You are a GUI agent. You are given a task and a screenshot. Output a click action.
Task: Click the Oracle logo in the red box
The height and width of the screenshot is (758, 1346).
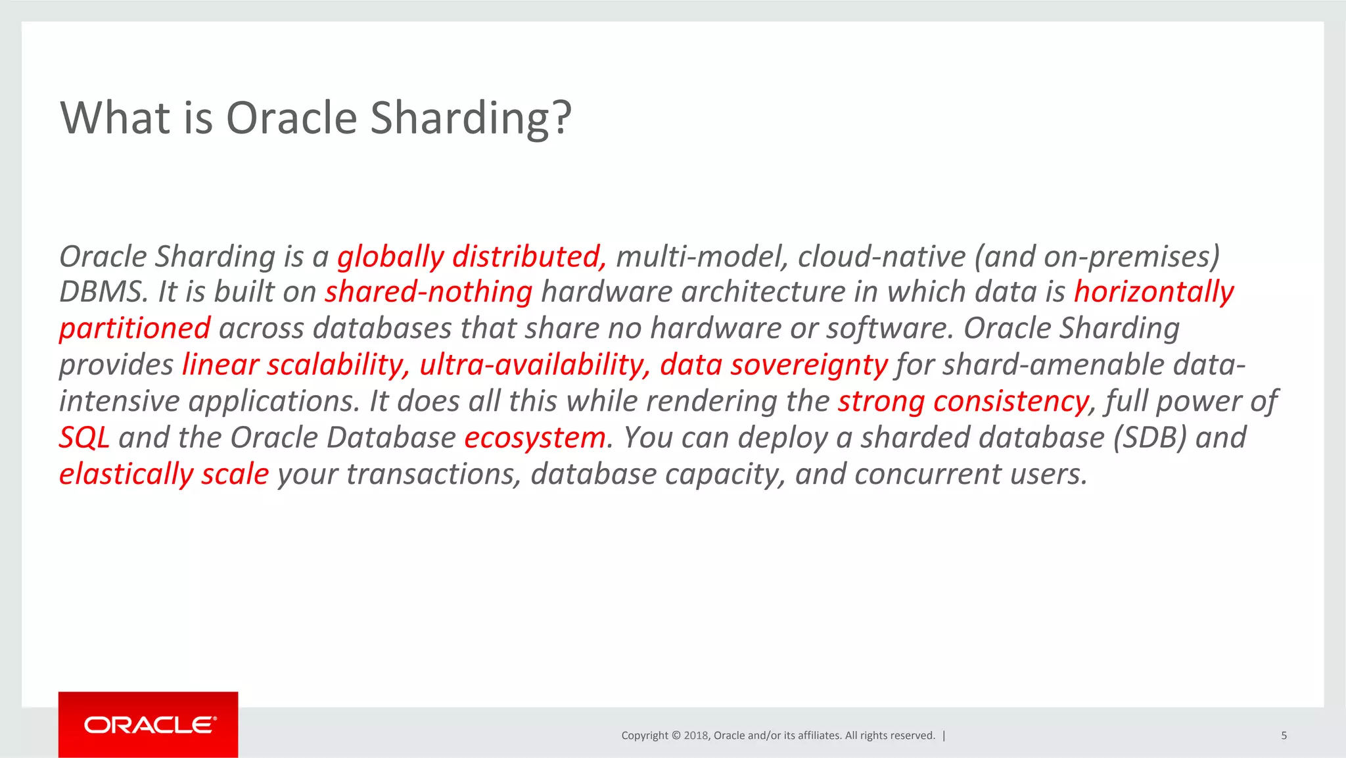[x=149, y=725]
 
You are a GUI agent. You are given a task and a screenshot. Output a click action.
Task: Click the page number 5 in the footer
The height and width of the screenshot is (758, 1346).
[x=1284, y=736]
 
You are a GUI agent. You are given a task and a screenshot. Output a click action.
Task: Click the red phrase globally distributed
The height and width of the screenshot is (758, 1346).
[x=471, y=256]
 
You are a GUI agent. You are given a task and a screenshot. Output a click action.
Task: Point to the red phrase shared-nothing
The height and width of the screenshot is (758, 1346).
[x=428, y=292]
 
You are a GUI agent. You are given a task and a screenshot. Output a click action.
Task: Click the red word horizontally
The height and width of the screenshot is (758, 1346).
[x=1153, y=292]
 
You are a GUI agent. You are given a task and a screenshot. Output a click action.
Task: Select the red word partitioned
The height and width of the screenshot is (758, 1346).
[x=135, y=328]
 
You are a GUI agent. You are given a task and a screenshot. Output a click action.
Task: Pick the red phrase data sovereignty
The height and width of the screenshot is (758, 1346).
[x=774, y=365]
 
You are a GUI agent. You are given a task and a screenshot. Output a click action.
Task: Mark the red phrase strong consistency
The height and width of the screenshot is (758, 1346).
[x=963, y=401]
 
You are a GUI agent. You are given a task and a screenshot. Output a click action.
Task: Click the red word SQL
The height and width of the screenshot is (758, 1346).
[x=83, y=438]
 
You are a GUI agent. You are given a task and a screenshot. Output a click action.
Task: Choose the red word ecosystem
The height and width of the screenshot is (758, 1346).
[x=535, y=438]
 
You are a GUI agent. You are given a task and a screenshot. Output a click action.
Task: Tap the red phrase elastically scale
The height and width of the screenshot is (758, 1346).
[x=164, y=474]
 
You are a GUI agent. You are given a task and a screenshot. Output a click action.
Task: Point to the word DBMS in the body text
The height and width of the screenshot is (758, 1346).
[x=103, y=292]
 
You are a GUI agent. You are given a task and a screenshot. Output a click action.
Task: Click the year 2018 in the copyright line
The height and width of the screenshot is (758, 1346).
[x=695, y=736]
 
